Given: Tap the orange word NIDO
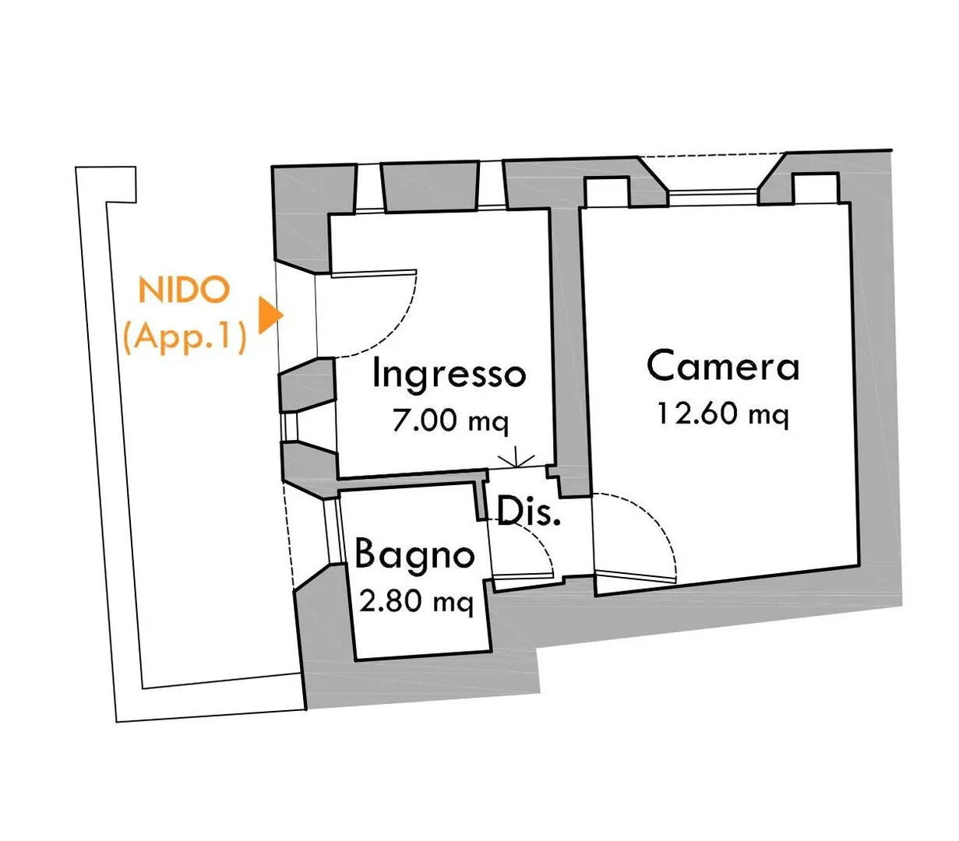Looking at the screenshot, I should [x=185, y=290].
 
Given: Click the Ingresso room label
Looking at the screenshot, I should [x=450, y=374].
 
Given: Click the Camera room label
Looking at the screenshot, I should [x=723, y=366].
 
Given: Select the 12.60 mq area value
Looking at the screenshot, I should [x=721, y=413].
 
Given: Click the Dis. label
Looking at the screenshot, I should [x=529, y=512].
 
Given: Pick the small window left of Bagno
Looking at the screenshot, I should [x=336, y=530].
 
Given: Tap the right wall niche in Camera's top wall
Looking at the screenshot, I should [x=815, y=188].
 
